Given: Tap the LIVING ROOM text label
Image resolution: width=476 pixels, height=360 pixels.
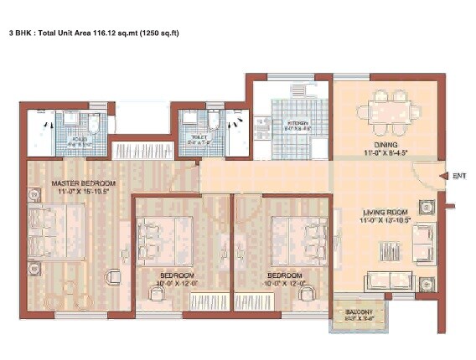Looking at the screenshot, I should click(x=385, y=212).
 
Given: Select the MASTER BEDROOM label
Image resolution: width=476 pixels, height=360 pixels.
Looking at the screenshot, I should click(x=83, y=183).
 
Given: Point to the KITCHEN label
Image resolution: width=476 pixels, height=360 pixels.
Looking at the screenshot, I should click(x=298, y=123).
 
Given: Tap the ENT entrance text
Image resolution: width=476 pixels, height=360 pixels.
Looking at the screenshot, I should click(x=458, y=176).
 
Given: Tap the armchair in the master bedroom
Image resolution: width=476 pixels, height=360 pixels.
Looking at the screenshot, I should click(x=111, y=277).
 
